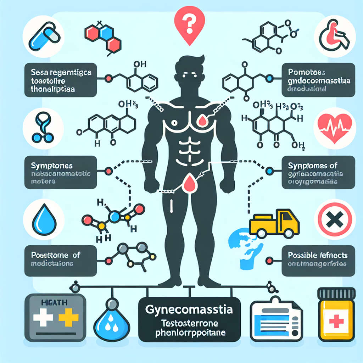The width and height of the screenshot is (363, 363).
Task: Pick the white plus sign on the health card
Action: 41,316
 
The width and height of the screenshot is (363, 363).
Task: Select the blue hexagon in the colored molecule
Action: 105,33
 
